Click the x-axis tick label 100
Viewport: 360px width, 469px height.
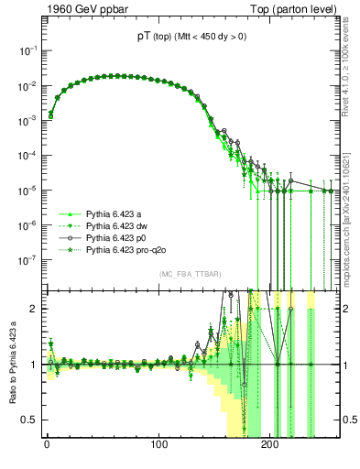click(158, 444)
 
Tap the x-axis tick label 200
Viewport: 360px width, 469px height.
click(270, 444)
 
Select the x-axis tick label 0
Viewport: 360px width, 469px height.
click(47, 444)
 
